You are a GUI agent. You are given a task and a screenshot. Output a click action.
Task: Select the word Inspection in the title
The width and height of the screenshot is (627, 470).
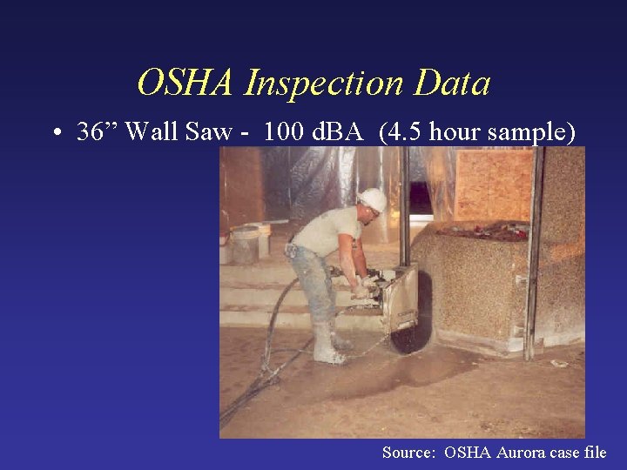325,84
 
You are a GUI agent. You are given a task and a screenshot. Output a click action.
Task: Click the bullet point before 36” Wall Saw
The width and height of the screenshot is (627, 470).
55,134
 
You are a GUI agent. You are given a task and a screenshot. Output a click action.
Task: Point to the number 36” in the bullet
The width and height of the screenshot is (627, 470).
96,132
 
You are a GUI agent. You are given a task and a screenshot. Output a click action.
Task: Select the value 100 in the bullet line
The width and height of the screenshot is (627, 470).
283,132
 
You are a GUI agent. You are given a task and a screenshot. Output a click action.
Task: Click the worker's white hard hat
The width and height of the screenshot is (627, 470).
372,200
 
